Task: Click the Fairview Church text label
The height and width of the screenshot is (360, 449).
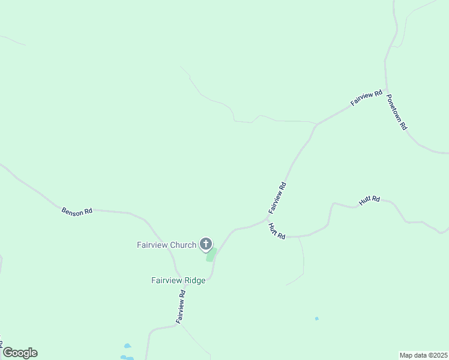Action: [x=166, y=245]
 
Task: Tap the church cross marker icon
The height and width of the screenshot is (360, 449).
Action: [x=206, y=244]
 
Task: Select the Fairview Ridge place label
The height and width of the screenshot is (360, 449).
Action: [x=178, y=280]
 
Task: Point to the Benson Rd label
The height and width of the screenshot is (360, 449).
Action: [x=77, y=211]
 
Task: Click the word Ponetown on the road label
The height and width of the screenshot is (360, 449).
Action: [x=394, y=107]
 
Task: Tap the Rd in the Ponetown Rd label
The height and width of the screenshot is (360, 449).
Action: [x=404, y=126]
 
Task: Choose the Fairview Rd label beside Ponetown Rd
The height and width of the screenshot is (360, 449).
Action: [x=366, y=98]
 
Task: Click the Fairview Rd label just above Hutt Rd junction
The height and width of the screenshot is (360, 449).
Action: [x=278, y=198]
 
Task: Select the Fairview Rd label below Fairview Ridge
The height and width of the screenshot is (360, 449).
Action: [x=180, y=307]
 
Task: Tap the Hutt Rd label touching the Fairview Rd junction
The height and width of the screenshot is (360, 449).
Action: [x=277, y=231]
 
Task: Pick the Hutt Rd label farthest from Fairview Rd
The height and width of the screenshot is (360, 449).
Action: [x=370, y=201]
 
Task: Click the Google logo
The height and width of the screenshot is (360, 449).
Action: [x=20, y=353]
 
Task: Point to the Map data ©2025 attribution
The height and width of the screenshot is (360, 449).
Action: [x=424, y=355]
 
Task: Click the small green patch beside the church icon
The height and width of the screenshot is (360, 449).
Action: [x=211, y=256]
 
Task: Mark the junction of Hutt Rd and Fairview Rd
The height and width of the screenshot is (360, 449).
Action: [x=268, y=219]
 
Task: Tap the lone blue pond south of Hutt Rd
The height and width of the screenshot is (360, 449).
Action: [x=317, y=319]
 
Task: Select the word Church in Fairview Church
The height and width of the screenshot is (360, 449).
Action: [x=182, y=245]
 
